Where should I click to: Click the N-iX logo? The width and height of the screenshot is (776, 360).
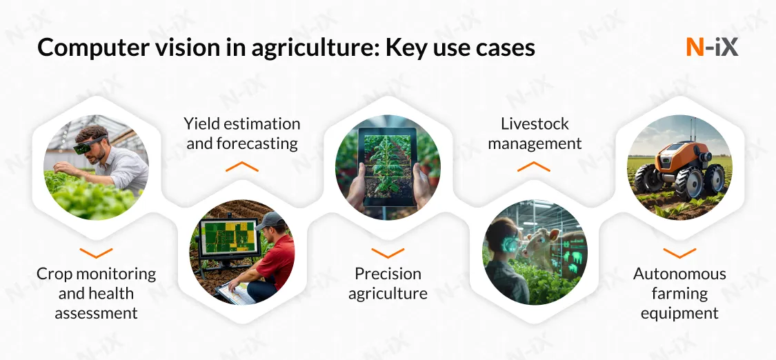712,47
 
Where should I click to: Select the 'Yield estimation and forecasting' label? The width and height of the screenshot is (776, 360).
241,134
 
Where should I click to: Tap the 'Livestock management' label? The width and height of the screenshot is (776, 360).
535,134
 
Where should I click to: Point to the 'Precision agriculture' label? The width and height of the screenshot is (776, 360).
388,283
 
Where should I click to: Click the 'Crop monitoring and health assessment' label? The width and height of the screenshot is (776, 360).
96,293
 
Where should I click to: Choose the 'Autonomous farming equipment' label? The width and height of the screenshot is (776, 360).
679,293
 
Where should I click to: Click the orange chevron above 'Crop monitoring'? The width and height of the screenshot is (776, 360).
96,253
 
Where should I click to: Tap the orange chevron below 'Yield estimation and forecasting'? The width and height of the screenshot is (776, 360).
241,166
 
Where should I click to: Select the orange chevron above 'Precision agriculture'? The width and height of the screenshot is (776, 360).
388,253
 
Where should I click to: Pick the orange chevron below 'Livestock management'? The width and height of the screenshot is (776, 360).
535,166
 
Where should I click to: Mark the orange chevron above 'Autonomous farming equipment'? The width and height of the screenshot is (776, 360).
679,253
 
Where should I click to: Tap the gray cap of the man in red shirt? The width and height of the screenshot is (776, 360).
270,221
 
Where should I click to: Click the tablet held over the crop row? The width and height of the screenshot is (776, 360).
388,166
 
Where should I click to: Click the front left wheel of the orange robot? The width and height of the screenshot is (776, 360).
650,179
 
